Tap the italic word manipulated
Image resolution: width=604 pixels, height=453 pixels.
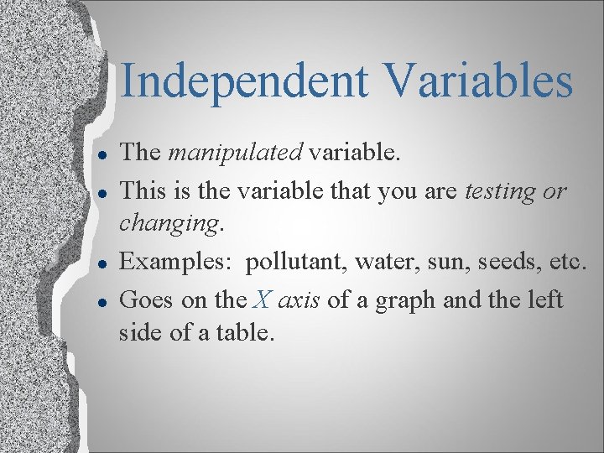[x=236, y=153]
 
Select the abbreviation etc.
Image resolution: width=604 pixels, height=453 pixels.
[x=565, y=262]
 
